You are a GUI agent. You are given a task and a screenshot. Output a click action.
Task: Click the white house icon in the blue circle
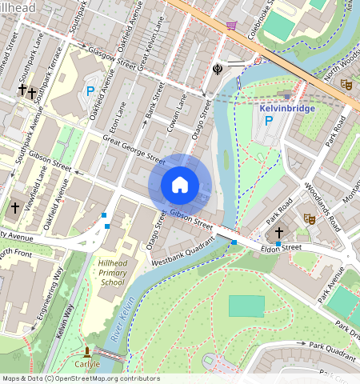pos(180,185)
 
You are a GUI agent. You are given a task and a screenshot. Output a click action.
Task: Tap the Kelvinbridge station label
pos(288,108)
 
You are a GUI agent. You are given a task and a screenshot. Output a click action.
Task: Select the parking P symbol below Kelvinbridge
pos(270,122)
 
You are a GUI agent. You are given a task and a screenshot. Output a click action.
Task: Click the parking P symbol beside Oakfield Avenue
pos(90,92)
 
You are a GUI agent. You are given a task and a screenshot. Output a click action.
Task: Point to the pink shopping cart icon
pos(231,26)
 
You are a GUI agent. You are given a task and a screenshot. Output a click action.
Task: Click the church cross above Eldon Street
pos(279,233)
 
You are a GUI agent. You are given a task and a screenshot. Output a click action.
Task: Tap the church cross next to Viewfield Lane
pos(14,208)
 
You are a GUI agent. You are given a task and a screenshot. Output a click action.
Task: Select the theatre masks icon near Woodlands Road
pos(309,218)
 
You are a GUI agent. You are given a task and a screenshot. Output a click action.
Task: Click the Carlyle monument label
pos(87,364)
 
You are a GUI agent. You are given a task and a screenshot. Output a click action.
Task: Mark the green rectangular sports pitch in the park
pos(246,306)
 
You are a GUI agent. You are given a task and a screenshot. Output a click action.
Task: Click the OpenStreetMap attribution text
pos(80,378)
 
